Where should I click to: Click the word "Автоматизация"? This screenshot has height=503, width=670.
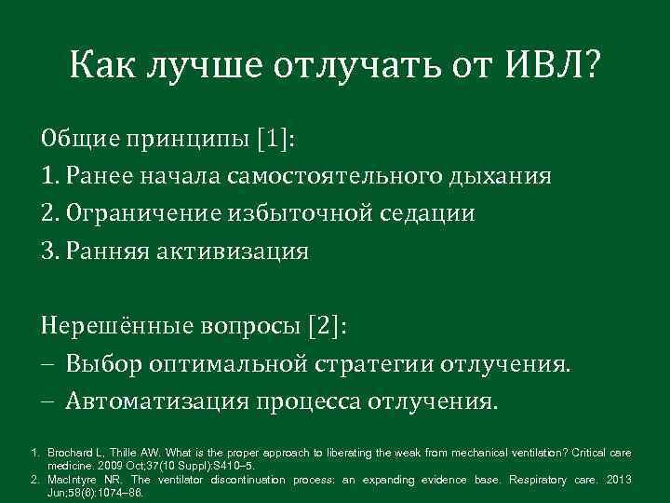click(156, 401)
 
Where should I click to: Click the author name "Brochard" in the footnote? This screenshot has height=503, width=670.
click(73, 453)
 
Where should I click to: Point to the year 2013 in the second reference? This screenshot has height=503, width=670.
click(618, 480)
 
